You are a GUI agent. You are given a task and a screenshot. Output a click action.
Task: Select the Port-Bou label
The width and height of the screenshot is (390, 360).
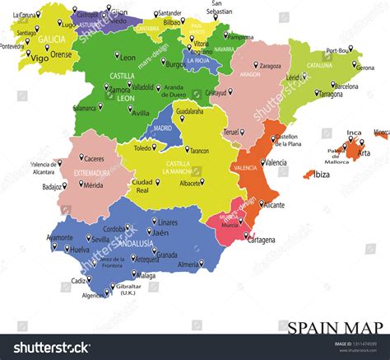337,51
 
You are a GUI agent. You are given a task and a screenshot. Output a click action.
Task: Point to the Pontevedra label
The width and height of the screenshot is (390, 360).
12,47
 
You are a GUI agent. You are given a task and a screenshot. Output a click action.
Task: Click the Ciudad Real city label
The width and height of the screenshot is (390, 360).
142,185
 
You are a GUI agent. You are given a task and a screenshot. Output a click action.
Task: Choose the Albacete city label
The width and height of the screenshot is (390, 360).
214,183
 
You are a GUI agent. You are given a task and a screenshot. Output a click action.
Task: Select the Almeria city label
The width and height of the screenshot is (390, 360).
188,264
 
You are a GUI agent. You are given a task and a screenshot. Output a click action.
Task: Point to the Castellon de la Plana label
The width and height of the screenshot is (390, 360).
286,140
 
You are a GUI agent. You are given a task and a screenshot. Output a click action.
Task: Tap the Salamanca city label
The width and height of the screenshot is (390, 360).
84,108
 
